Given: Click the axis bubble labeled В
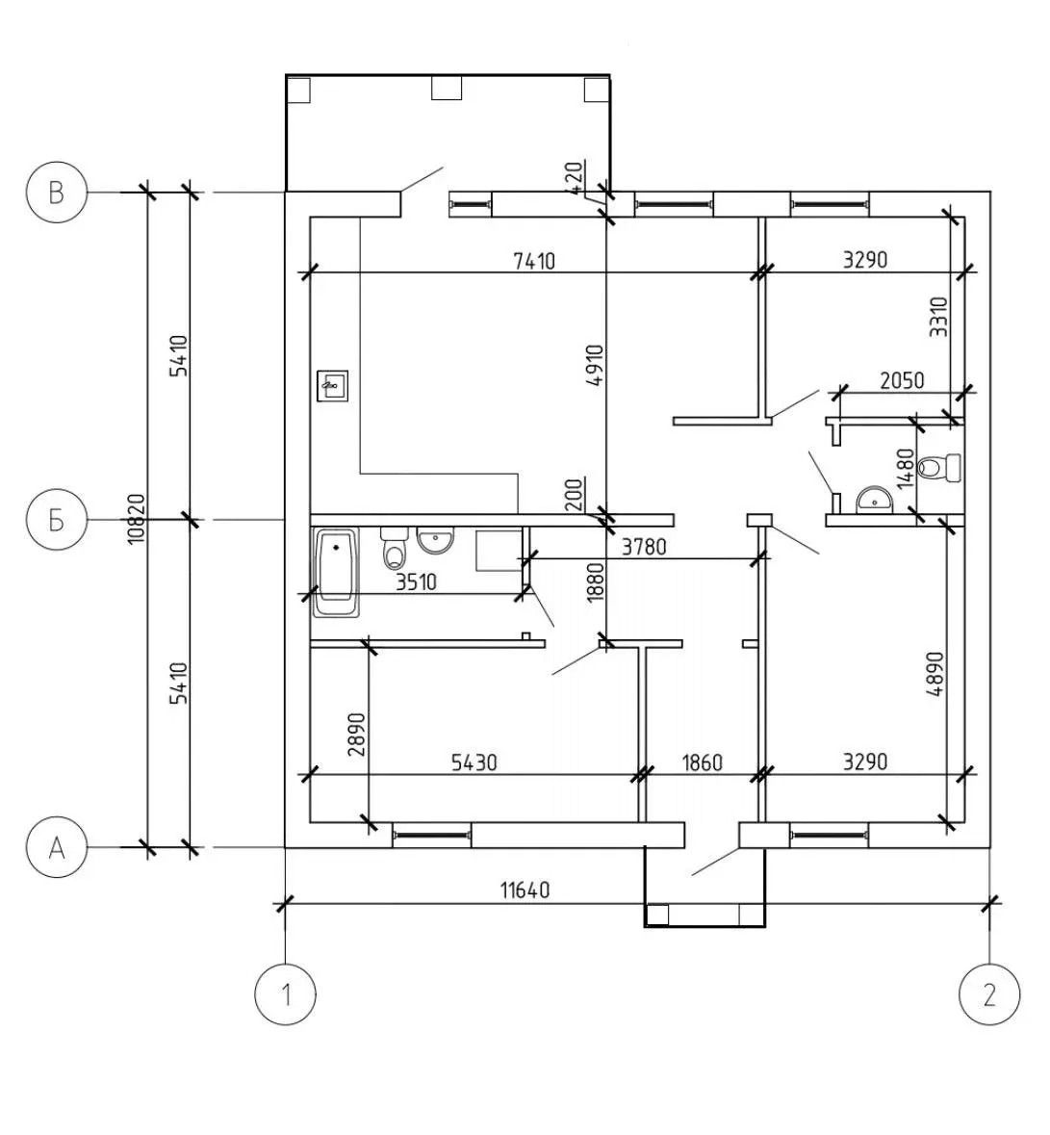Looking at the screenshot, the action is click(57, 193).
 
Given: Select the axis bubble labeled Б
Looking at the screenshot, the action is click(57, 520).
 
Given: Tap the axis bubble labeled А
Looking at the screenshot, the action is click(57, 847).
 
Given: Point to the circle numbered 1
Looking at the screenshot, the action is click(286, 994).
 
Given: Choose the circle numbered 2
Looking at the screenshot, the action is click(989, 994).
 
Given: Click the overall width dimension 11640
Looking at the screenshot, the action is click(525, 890).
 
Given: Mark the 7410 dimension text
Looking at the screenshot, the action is click(534, 260).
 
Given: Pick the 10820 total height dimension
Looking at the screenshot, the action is click(137, 519).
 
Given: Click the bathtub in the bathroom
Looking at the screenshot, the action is click(337, 574).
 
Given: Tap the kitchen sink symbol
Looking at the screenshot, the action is click(333, 386).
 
